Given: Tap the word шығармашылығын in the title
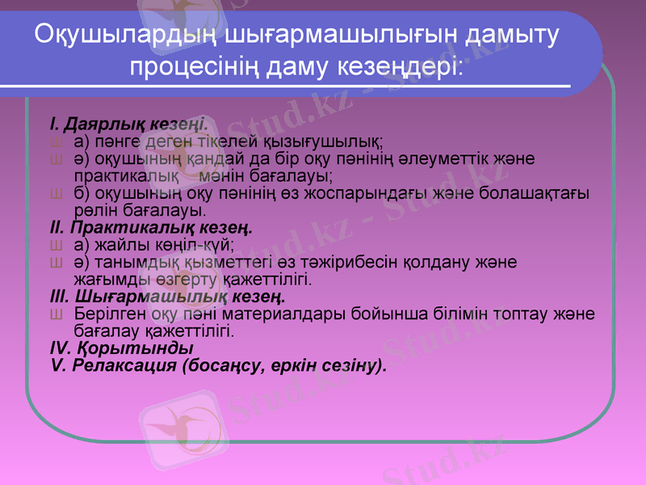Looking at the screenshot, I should click(x=332, y=36).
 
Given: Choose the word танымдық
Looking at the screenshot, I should click(x=124, y=264).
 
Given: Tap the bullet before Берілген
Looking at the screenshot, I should click(x=55, y=314).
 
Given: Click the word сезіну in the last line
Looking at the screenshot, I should click(x=351, y=365).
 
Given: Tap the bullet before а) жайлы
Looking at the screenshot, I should click(x=55, y=246).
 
